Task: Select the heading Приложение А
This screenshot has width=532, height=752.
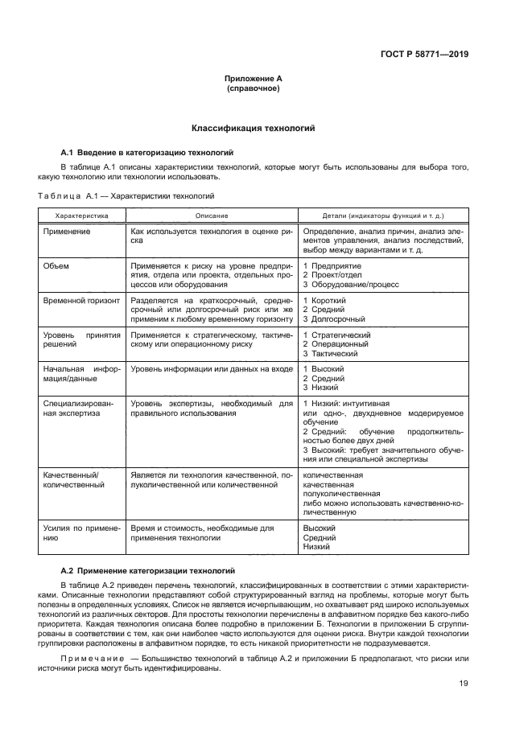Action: [x=252, y=79]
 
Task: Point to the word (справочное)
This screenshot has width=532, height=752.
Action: [x=252, y=88]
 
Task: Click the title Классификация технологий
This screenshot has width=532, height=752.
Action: [x=252, y=128]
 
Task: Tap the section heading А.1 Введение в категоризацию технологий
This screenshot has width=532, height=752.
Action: [x=147, y=151]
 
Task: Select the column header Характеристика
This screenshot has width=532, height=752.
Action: [x=80, y=216]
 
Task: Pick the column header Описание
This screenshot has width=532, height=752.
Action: [x=212, y=216]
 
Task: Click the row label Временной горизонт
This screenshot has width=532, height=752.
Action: [x=81, y=299]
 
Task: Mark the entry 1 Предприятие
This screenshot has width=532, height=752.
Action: [x=332, y=265]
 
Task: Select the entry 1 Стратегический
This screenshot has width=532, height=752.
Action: [x=336, y=334]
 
